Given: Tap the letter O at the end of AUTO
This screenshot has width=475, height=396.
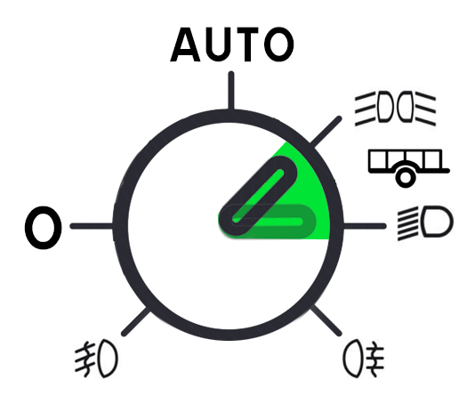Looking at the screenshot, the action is click(x=278, y=44).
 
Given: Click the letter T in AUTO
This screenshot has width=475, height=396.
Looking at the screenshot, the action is click(x=246, y=44).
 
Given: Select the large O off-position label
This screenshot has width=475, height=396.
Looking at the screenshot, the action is click(x=43, y=228).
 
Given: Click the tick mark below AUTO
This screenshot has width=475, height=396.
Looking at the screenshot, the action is click(x=231, y=91).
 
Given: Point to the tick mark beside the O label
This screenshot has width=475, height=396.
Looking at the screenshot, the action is click(x=92, y=226).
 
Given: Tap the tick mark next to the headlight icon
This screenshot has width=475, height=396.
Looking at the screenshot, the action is click(x=365, y=226).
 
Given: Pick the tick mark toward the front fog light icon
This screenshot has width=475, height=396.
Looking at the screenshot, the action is click(x=136, y=322).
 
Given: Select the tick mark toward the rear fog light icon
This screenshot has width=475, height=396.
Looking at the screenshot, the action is click(x=326, y=320).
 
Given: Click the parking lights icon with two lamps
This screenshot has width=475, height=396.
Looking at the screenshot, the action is click(x=395, y=108).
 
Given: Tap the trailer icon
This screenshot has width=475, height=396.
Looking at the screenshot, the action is click(x=409, y=168).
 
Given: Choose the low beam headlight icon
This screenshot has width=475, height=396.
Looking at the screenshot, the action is click(x=425, y=223).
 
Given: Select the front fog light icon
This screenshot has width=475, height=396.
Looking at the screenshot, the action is click(x=96, y=359).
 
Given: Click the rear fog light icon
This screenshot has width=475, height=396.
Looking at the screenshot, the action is click(x=364, y=359).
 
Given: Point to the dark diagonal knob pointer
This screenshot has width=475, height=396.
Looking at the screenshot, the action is click(x=258, y=196).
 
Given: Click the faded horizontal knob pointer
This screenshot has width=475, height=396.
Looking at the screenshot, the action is click(x=268, y=222).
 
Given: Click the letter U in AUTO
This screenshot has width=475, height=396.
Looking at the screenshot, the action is click(x=217, y=45).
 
